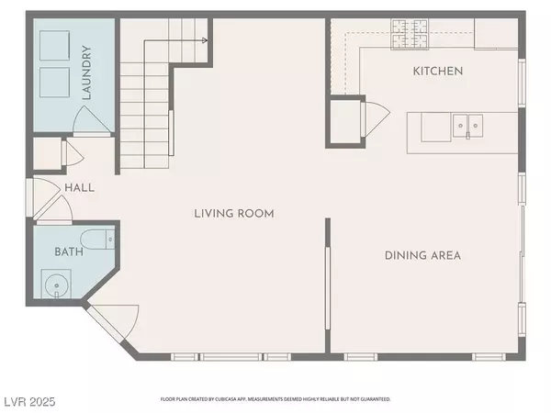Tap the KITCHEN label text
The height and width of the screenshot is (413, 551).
437,71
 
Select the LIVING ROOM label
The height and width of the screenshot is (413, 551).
234,214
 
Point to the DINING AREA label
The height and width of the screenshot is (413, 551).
422,255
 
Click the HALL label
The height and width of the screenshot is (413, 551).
79,187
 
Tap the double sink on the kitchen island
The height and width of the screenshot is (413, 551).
467,124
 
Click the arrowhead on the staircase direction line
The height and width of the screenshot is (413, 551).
208,40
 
